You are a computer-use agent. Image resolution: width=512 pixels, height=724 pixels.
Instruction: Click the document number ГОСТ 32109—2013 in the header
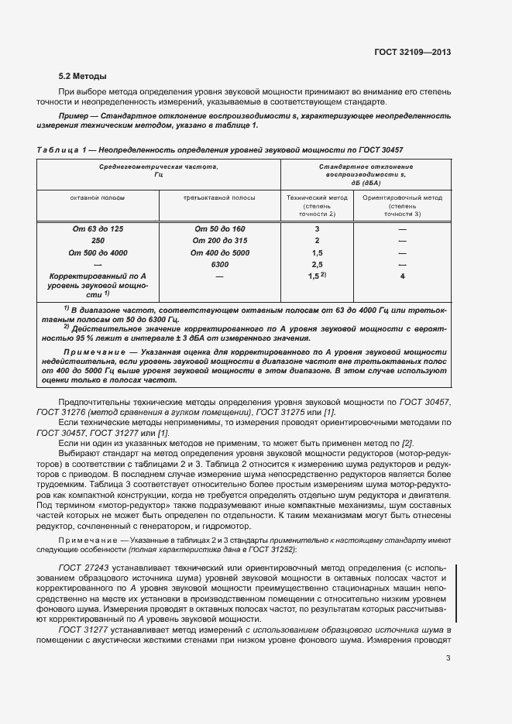[413, 53]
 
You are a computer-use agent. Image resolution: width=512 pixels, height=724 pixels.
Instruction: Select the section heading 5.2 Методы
[83, 77]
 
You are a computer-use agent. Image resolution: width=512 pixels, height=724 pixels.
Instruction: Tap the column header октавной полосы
[97, 197]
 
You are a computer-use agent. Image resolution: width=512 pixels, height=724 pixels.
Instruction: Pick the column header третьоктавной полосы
[219, 197]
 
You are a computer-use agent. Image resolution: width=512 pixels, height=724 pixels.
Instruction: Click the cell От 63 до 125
[97, 230]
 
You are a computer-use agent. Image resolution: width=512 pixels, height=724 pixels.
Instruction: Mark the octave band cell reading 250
[97, 241]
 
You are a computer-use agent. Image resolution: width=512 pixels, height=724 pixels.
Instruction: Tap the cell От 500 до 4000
[97, 252]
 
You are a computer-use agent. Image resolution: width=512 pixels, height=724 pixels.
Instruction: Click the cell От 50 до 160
[219, 230]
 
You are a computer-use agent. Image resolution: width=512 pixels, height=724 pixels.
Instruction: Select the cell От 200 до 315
[219, 241]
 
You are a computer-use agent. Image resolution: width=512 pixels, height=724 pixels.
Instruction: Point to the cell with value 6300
[219, 264]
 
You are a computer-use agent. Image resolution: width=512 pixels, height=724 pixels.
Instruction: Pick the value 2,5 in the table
[317, 264]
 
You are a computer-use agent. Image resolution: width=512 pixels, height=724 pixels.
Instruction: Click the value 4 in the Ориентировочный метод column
[402, 276]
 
